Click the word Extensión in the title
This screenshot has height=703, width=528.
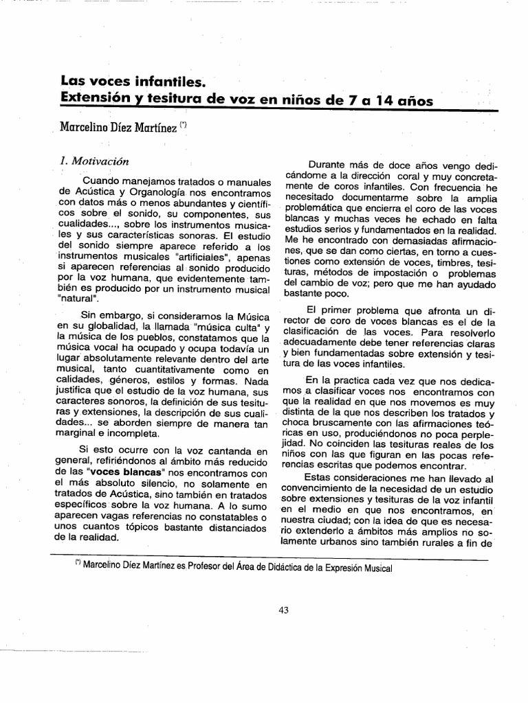pos(96,100)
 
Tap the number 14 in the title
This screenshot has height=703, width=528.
pos(382,100)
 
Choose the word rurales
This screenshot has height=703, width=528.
pos(445,543)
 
